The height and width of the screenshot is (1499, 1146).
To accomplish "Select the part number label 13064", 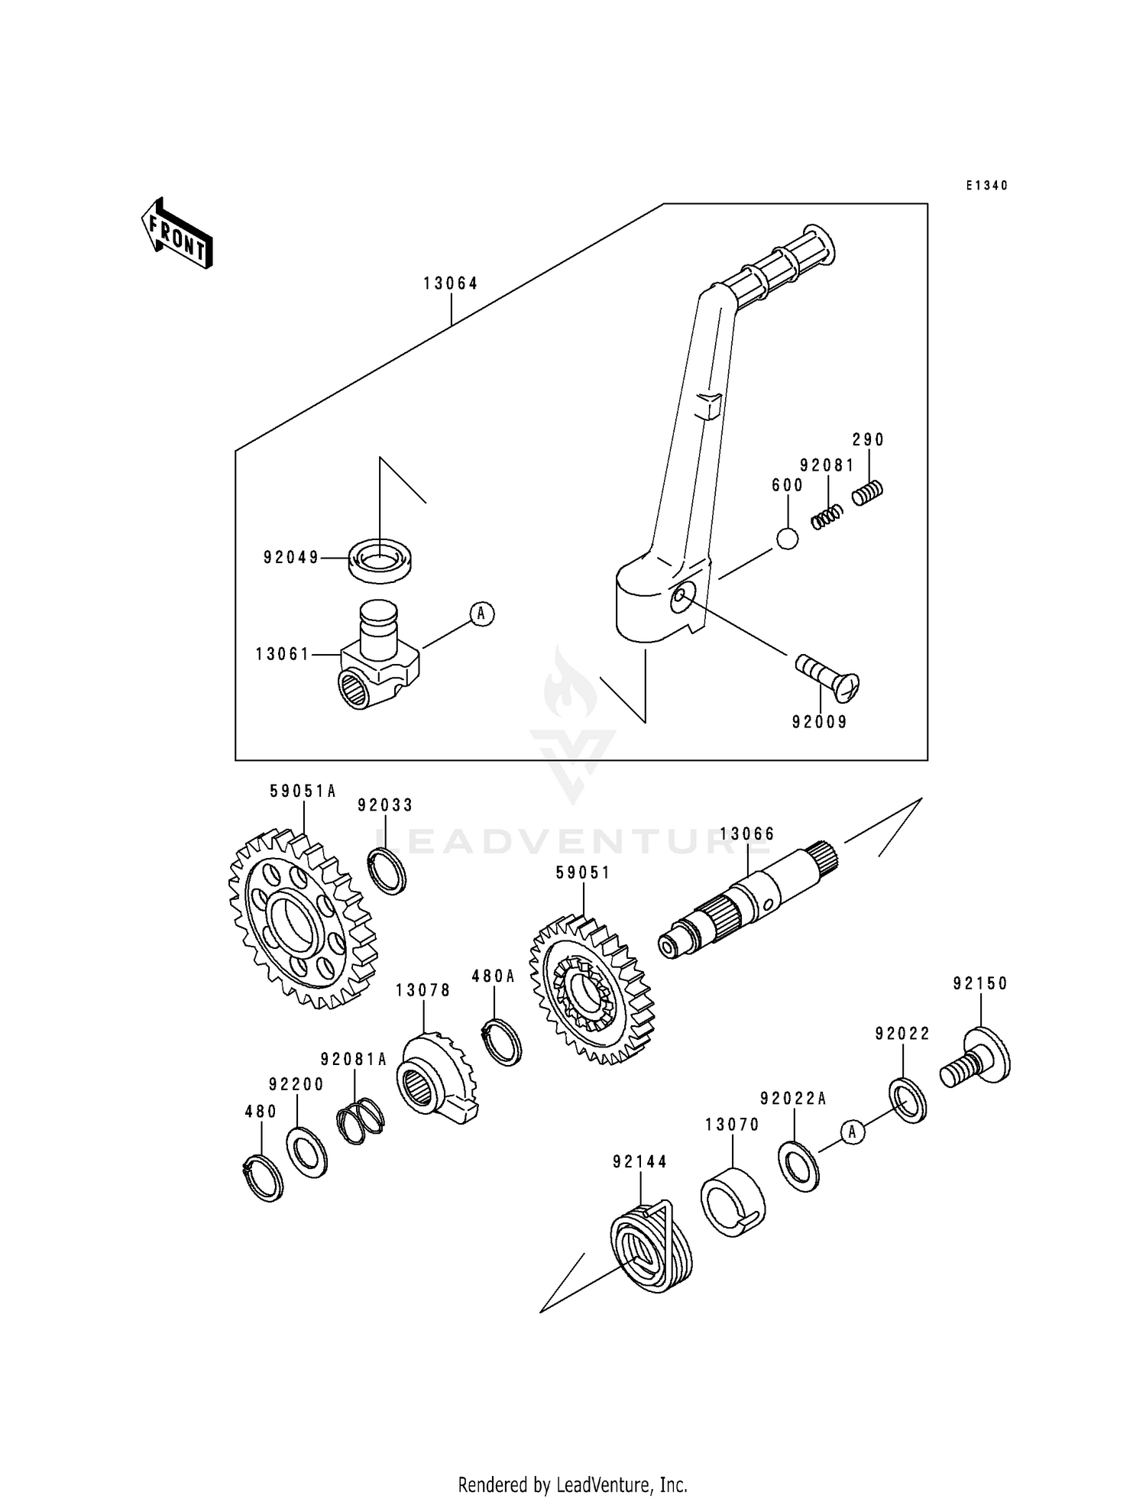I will [451, 283].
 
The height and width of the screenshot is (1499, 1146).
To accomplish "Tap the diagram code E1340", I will [986, 186].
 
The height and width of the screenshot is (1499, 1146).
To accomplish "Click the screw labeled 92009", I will [828, 676].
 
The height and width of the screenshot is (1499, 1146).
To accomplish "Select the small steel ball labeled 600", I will [787, 539].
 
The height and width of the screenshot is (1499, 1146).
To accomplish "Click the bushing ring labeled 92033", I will [387, 870].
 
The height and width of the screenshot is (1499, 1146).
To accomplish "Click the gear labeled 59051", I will [591, 989].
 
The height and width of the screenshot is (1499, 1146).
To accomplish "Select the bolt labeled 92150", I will [976, 1057].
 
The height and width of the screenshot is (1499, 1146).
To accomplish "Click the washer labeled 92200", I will [307, 1152].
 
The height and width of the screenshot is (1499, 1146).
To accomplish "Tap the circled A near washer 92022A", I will [853, 1132].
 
